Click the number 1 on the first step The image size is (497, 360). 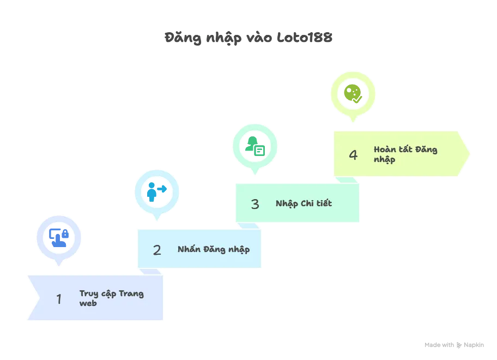pyautogui.click(x=59, y=299)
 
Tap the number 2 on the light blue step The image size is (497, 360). pyautogui.click(x=157, y=250)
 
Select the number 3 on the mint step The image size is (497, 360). pyautogui.click(x=255, y=204)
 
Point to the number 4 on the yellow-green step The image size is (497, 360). pyautogui.click(x=353, y=155)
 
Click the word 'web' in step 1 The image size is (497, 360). pyautogui.click(x=88, y=303)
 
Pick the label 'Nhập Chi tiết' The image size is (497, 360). pyautogui.click(x=304, y=203)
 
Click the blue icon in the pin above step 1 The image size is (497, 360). pyautogui.click(x=59, y=237)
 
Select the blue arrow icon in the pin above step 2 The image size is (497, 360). pyautogui.click(x=157, y=191)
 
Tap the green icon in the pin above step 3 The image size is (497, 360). pyautogui.click(x=255, y=145)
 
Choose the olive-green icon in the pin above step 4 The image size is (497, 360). pyautogui.click(x=353, y=93)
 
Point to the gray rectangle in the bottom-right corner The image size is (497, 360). pyautogui.click(x=453, y=345)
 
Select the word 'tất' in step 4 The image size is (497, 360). pyautogui.click(x=406, y=149)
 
